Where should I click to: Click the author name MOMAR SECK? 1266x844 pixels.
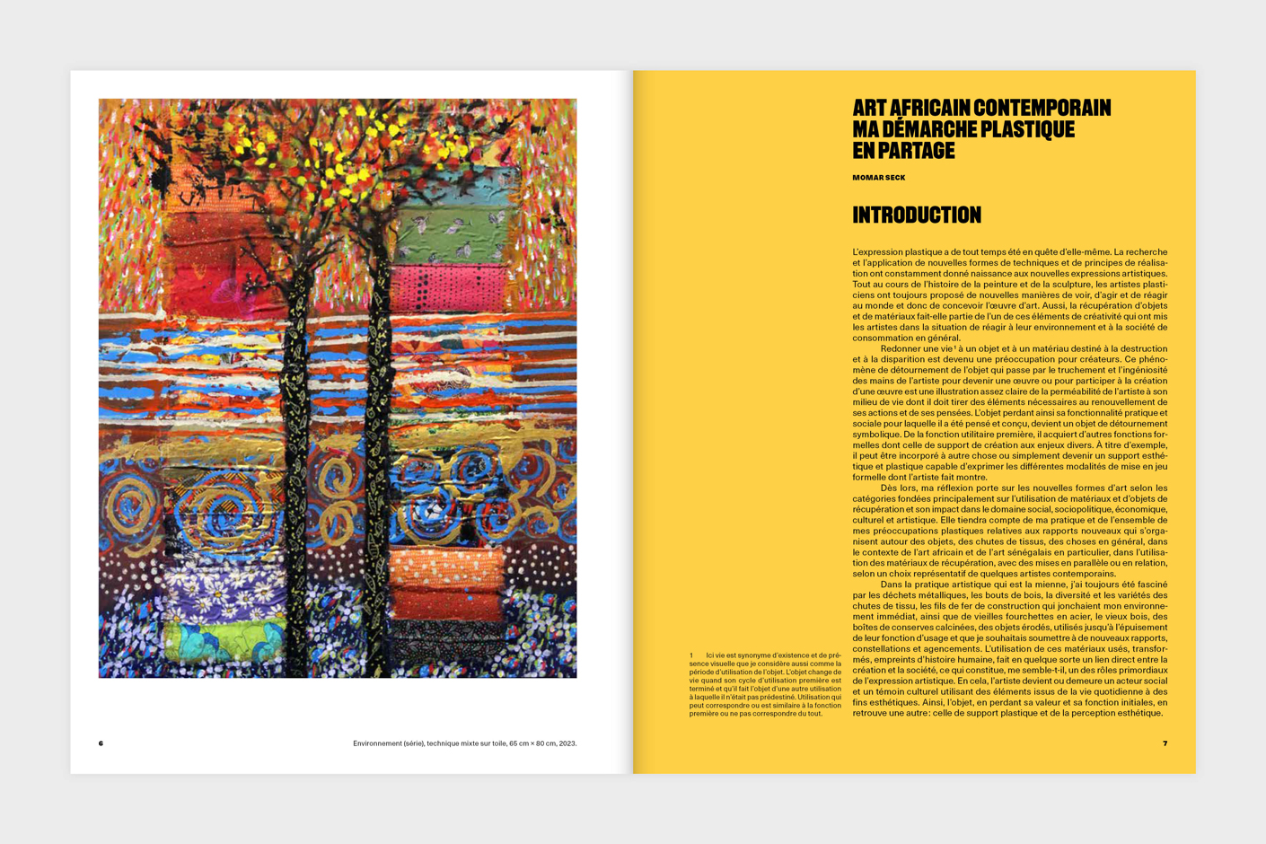pos(878,178)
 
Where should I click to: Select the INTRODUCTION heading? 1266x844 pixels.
pos(916,215)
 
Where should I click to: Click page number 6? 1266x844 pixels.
pos(101,743)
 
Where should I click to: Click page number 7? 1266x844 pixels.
pos(1165,743)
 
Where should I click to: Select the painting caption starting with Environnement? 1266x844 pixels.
pos(464,743)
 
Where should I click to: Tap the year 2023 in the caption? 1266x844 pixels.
pos(566,743)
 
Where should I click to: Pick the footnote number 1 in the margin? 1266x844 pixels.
pos(691,655)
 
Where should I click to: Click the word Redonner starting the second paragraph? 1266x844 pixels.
pos(903,349)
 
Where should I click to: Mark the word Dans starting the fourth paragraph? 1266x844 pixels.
pos(893,585)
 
